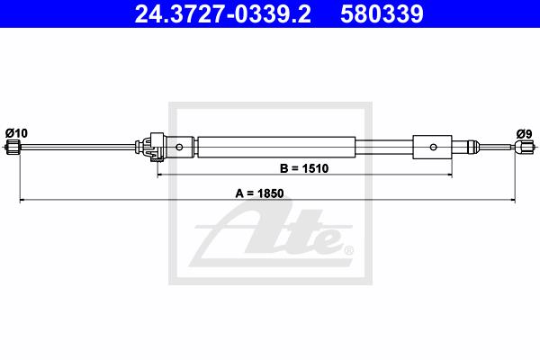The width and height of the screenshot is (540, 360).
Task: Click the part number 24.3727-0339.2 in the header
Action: pyautogui.click(x=223, y=13)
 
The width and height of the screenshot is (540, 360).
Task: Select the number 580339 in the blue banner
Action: pyautogui.click(x=382, y=13)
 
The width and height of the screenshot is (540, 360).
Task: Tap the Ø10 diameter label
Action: pyautogui.click(x=16, y=133)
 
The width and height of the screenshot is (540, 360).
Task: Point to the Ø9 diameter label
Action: pyautogui.click(x=524, y=134)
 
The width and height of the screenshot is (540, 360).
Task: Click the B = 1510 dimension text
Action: pyautogui.click(x=304, y=168)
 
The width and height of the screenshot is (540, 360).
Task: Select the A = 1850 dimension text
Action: pyautogui.click(x=259, y=193)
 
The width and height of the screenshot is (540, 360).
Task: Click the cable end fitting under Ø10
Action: pyautogui.click(x=13, y=147)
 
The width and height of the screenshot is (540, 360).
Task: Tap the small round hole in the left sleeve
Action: pyautogui.click(x=179, y=147)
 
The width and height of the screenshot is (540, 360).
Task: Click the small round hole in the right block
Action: pyautogui.click(x=433, y=147)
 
